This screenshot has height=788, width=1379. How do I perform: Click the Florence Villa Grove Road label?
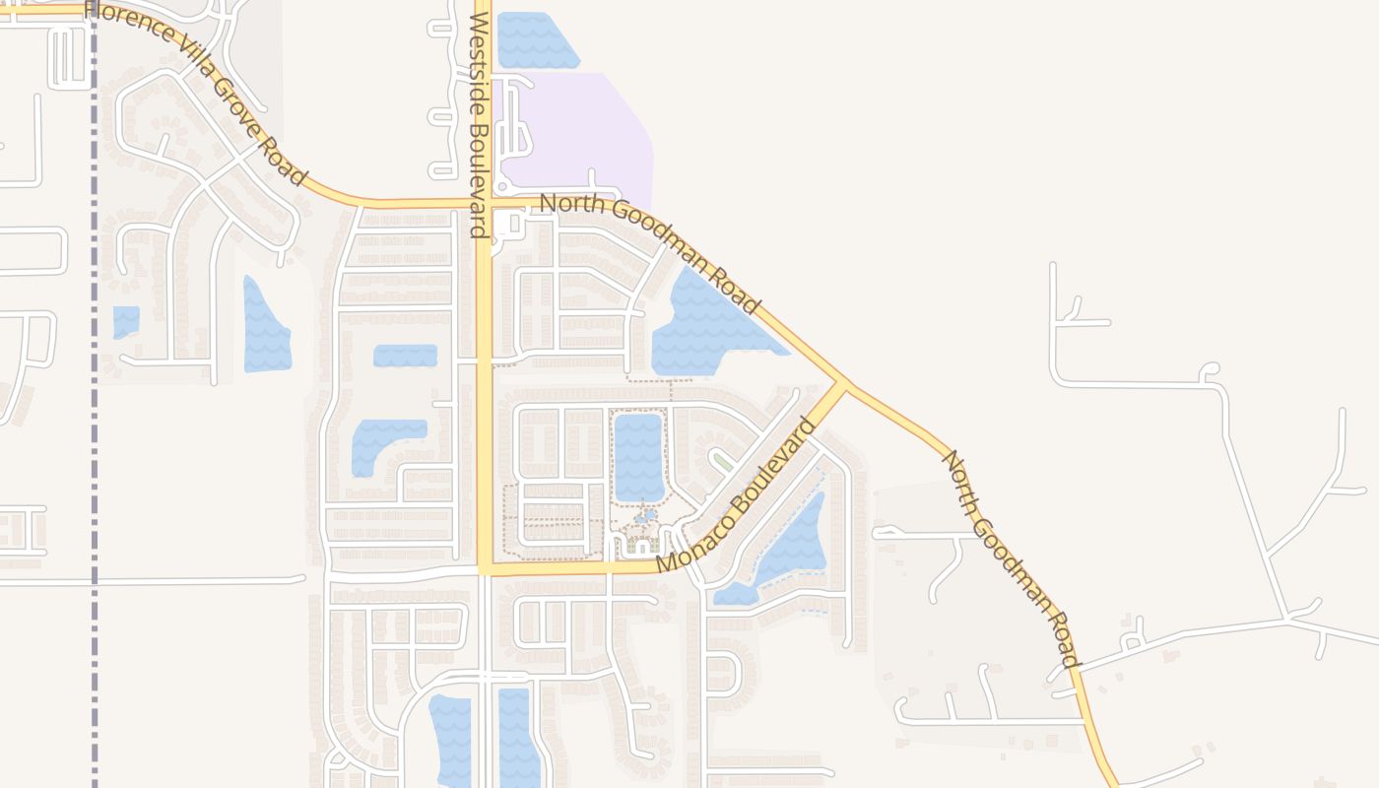[197, 95]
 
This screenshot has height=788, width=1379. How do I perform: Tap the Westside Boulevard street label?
[480, 125]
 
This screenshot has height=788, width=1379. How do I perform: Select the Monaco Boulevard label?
[736, 496]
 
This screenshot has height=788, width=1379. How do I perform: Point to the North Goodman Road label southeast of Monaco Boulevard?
[1012, 558]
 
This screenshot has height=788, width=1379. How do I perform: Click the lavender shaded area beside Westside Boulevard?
[581, 128]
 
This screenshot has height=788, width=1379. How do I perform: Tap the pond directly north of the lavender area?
[537, 39]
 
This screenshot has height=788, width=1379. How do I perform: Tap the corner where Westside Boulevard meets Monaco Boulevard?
[485, 569]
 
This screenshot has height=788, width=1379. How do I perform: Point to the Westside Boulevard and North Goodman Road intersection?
[484, 204]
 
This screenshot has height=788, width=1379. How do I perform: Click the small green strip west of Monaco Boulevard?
[723, 461]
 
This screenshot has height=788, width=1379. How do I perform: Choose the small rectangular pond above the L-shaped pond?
[405, 356]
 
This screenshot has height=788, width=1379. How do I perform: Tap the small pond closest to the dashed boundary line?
[126, 322]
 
